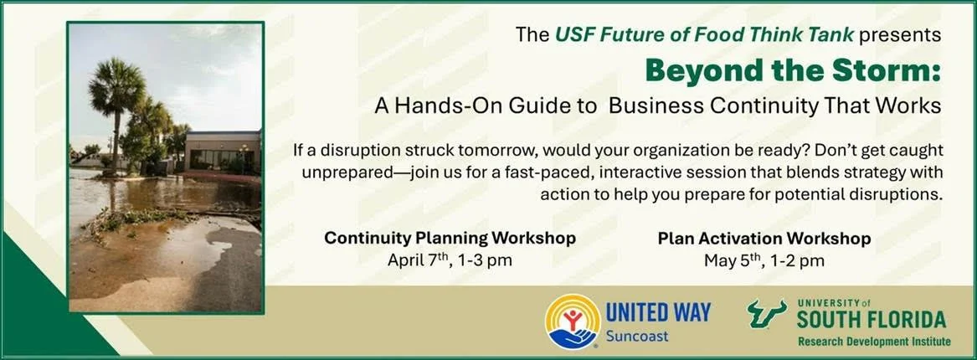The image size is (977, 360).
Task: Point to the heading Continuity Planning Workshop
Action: click(x=450, y=239)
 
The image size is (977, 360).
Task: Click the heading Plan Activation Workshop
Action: click(x=764, y=239)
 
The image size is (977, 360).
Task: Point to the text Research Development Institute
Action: click(x=874, y=342)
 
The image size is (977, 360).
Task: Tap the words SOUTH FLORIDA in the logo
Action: click(x=872, y=319)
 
